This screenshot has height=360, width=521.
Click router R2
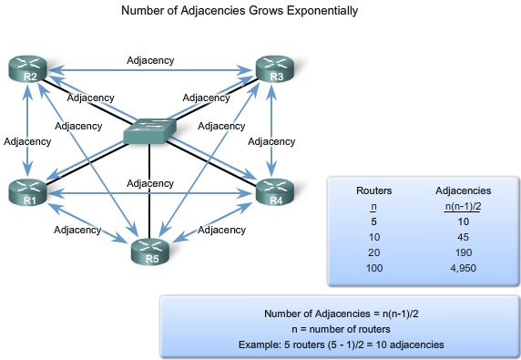point(28,68)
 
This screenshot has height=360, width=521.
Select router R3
point(274,68)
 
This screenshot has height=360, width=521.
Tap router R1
point(28,192)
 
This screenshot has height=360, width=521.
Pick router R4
point(274,192)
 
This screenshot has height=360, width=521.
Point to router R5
point(151,249)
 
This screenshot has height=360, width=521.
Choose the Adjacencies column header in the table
point(464,191)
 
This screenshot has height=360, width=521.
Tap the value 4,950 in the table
point(464,269)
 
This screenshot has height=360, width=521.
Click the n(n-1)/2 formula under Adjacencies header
point(464,207)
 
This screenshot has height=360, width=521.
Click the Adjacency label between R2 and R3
point(150,61)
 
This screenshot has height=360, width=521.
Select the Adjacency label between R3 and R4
point(271,141)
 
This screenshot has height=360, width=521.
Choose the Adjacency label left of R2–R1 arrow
point(27,141)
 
